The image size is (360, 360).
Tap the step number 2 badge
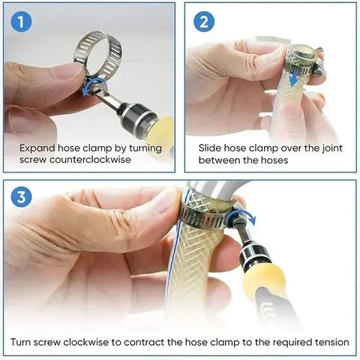[202, 21]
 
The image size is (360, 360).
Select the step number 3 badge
[22, 197]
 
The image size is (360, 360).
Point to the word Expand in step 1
[37, 148]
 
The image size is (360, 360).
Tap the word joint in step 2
[334, 148]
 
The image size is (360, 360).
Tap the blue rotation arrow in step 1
[91, 88]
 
